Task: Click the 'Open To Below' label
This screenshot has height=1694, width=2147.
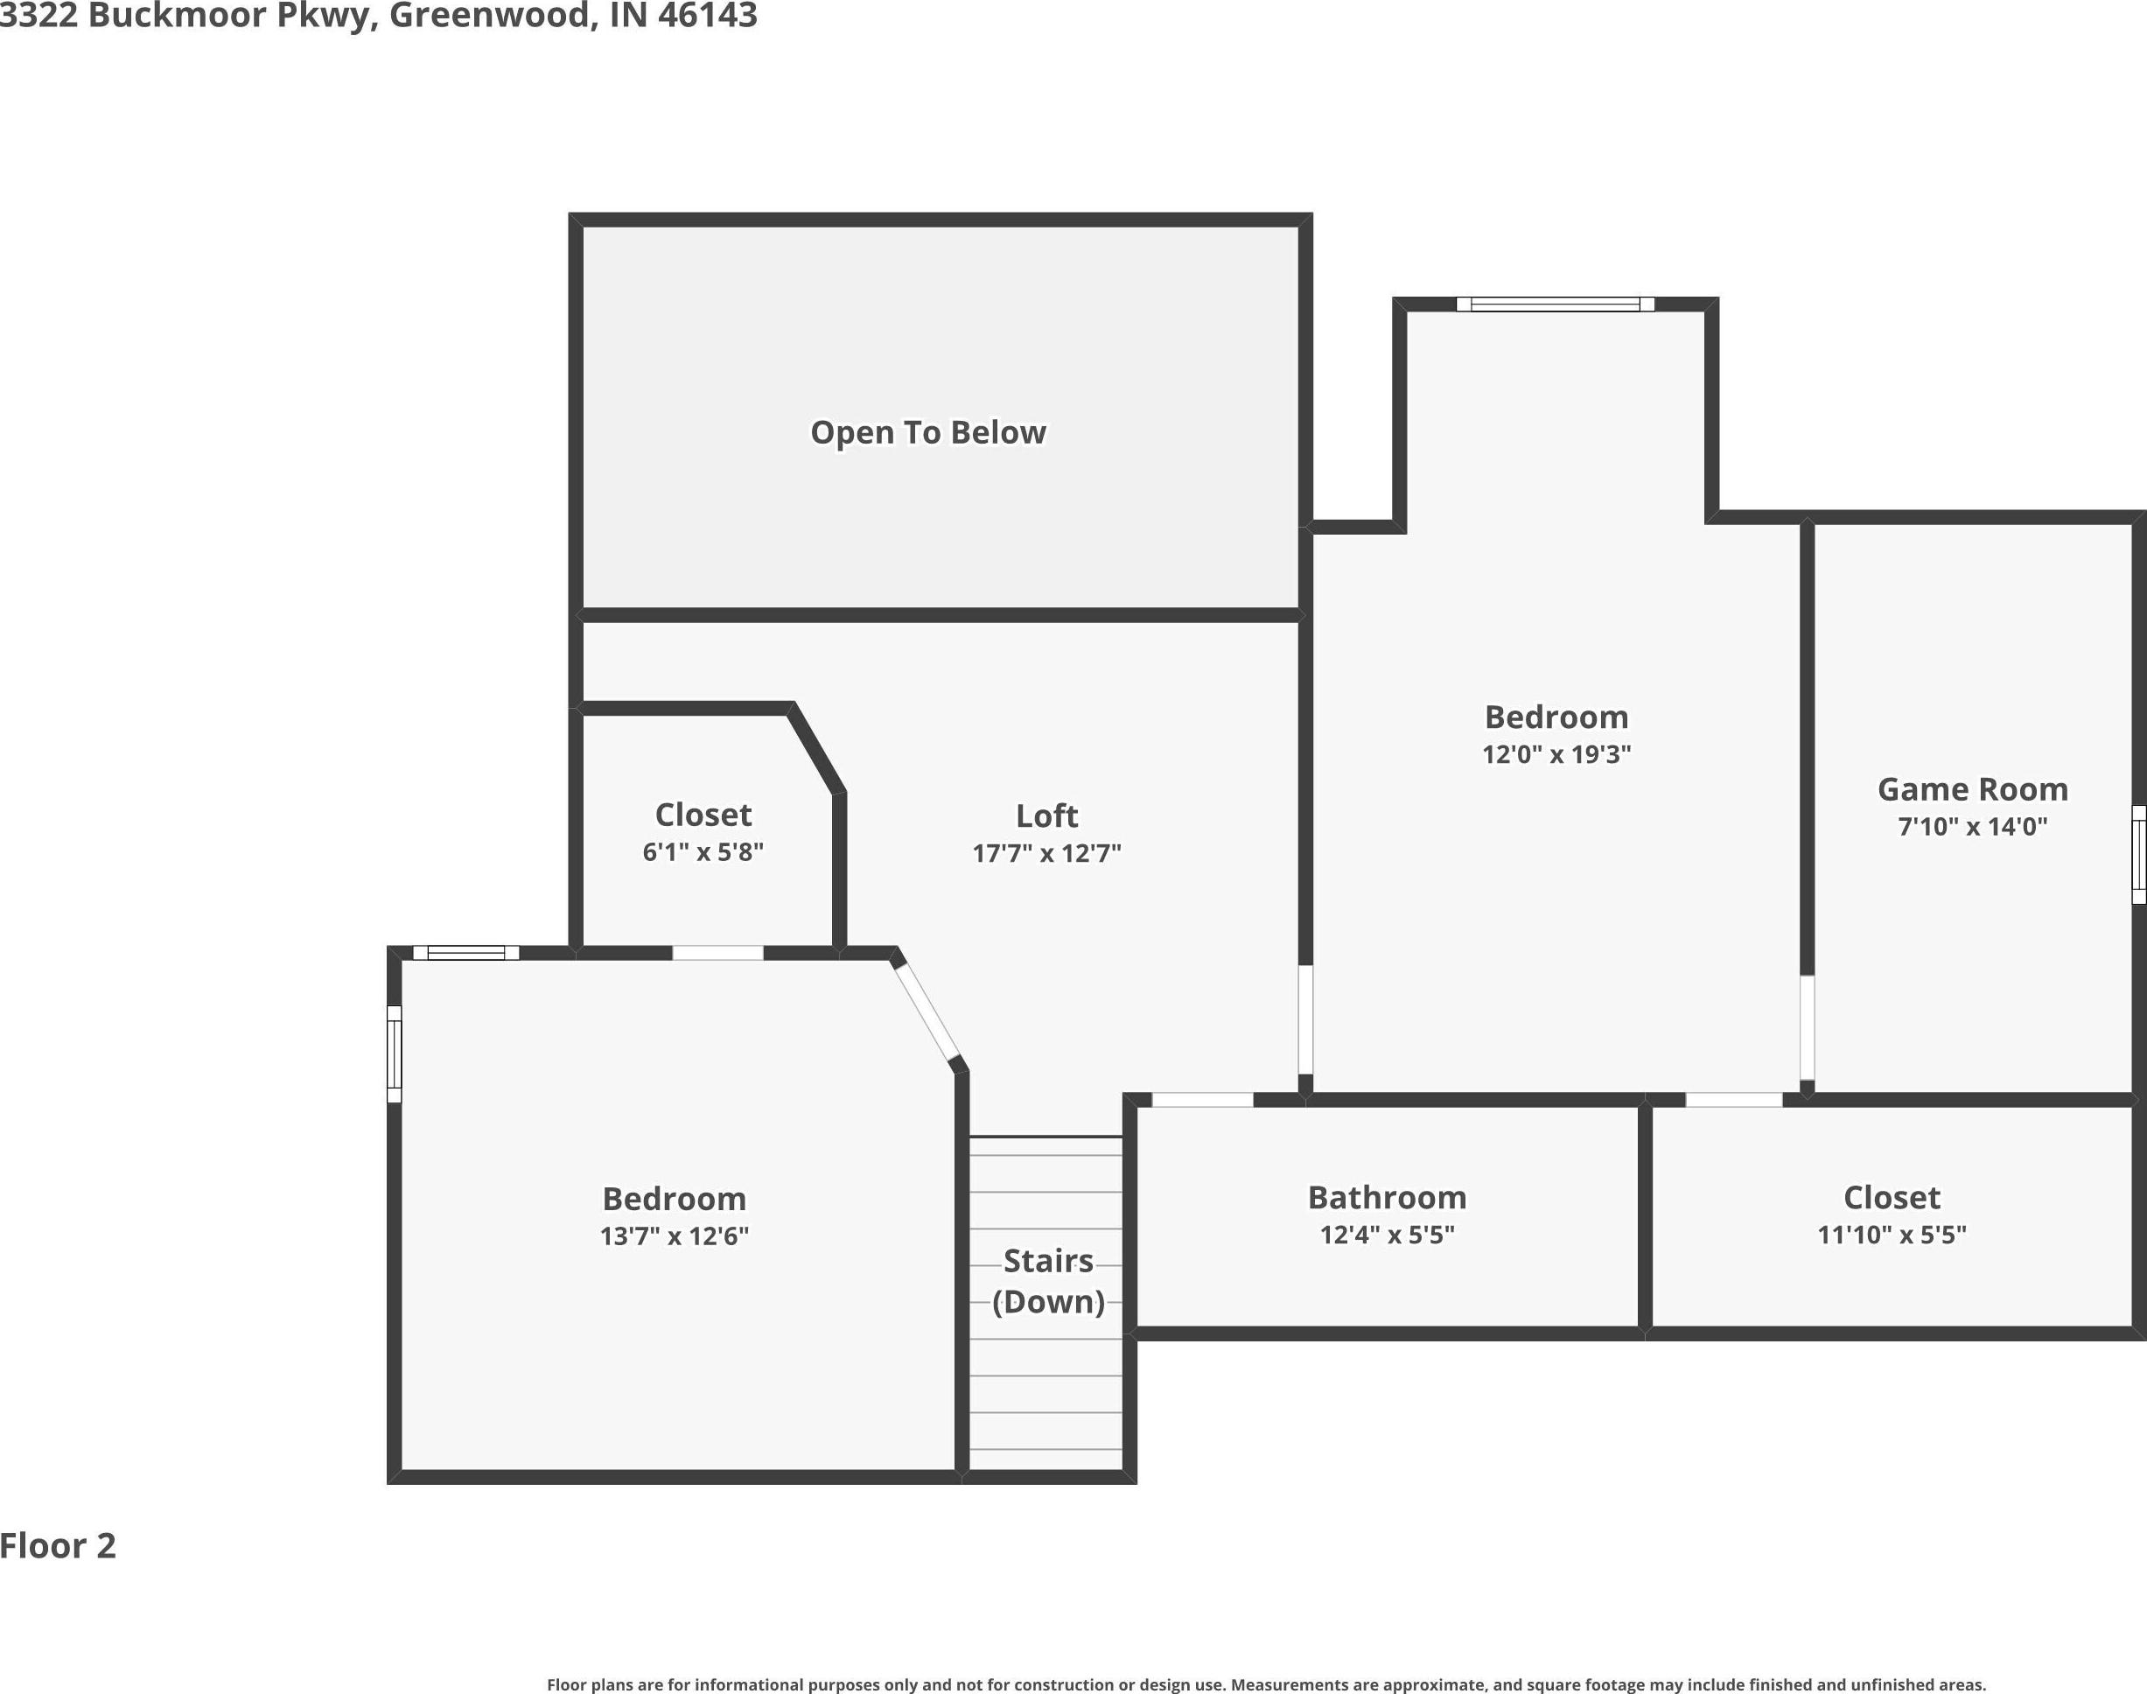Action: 928,432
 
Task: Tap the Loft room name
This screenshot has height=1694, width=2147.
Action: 1046,815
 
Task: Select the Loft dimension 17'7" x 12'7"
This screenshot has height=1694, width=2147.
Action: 1046,853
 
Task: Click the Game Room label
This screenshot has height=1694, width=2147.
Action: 1973,788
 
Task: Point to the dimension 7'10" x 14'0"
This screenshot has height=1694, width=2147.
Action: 1973,826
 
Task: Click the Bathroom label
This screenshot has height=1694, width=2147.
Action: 1388,1197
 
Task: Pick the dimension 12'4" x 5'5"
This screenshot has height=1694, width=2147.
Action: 1388,1235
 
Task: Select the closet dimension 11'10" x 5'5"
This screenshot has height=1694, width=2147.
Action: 1892,1235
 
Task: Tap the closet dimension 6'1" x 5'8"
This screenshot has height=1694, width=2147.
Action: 703,852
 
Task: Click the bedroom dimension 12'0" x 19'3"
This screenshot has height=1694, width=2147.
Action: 1556,753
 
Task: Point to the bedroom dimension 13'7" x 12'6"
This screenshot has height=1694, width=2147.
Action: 675,1235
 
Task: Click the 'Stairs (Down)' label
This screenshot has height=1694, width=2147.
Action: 1048,1280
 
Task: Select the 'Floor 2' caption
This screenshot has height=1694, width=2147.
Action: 58,1545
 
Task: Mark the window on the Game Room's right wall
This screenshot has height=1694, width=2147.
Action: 2139,854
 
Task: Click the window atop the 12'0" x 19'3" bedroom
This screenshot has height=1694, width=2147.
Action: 1555,304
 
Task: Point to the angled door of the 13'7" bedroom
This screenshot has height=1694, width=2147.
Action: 927,1011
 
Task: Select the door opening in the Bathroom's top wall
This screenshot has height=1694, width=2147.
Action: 1202,1099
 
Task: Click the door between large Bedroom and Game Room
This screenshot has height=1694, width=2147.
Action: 1807,1027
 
